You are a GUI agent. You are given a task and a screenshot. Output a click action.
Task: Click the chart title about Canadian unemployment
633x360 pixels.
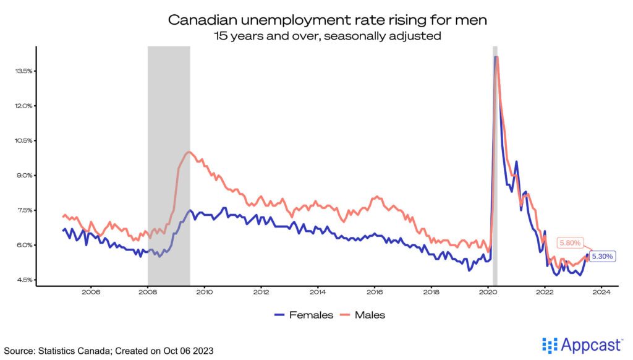(x=328, y=20)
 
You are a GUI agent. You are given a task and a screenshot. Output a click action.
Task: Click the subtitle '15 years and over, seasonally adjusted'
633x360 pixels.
(x=328, y=36)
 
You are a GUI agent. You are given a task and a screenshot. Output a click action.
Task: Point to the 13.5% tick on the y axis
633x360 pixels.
(x=24, y=71)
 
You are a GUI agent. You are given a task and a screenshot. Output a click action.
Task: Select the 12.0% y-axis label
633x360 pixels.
(x=24, y=106)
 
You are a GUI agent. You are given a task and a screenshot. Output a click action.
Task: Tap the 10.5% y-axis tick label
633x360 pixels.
(x=24, y=140)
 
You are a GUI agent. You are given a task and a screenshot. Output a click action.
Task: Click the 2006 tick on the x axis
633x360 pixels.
(x=91, y=293)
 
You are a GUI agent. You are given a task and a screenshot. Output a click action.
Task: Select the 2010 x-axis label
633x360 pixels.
(x=204, y=293)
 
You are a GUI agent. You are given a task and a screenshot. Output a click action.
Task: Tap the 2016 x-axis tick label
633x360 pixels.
(x=375, y=293)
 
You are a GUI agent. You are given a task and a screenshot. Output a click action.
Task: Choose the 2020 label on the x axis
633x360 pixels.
(x=488, y=293)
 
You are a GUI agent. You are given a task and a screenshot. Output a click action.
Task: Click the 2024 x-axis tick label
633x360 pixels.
(x=601, y=293)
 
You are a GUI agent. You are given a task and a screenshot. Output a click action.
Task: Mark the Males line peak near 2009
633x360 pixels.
(x=189, y=152)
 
